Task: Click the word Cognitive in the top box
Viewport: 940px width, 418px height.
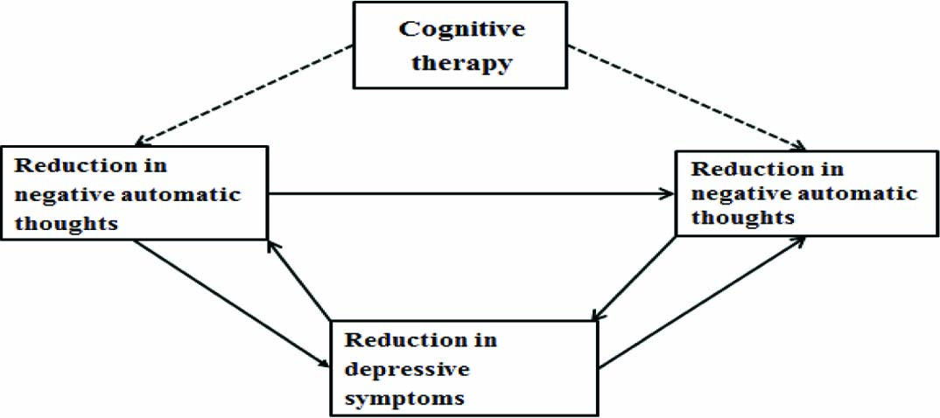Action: pos(461,29)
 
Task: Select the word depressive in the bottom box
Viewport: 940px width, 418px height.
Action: pos(407,368)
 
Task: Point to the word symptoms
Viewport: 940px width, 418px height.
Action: pos(403,397)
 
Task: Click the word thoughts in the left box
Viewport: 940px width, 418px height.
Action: pos(66,222)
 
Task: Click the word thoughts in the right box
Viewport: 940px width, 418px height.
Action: pos(742,218)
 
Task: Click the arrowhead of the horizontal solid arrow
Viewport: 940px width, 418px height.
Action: pos(667,193)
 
